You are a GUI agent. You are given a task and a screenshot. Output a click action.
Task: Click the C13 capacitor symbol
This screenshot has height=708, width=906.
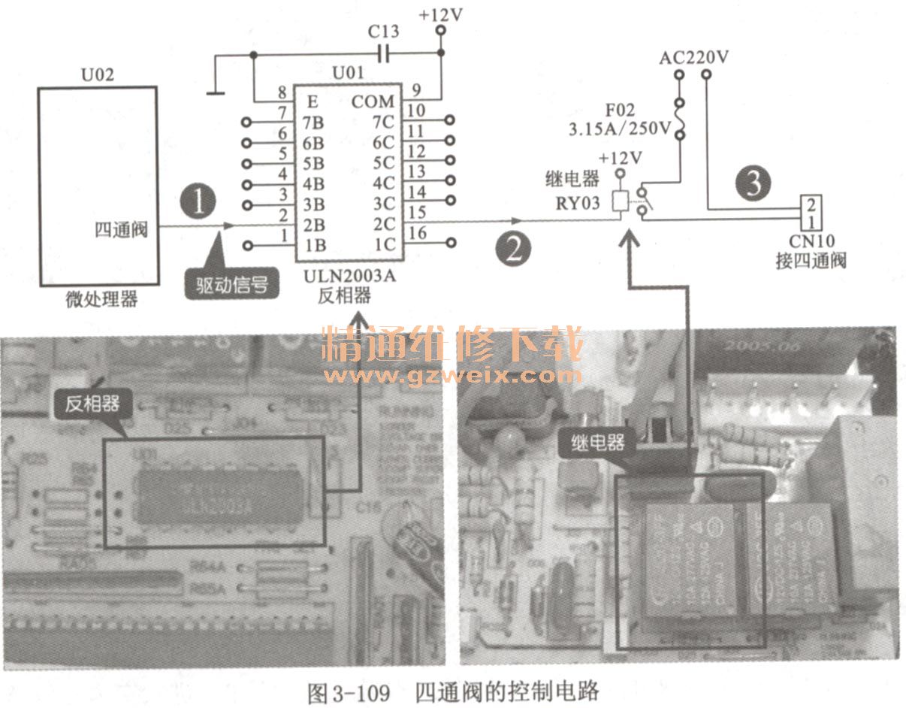[x=384, y=53]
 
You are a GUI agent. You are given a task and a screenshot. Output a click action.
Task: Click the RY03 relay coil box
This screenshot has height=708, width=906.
[x=621, y=201]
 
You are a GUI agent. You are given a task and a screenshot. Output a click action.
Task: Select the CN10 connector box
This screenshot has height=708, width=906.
[x=811, y=213]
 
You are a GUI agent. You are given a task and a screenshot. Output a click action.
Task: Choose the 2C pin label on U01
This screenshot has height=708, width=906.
[x=384, y=223]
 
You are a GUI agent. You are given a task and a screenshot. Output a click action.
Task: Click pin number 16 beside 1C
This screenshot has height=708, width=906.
[x=418, y=234]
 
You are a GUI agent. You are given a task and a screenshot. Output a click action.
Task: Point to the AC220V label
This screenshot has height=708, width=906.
[x=694, y=58]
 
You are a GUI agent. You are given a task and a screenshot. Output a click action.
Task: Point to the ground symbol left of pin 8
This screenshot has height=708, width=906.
[x=216, y=92]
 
